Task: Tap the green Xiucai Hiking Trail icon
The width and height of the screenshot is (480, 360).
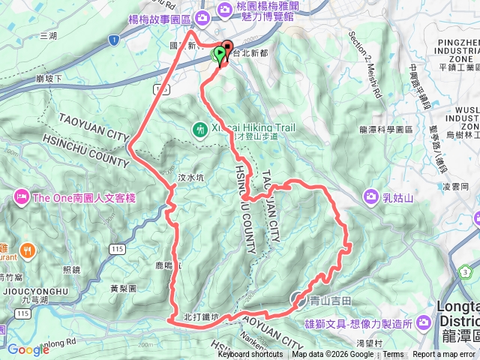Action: tap(199, 130)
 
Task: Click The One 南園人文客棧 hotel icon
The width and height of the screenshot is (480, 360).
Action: tap(20, 197)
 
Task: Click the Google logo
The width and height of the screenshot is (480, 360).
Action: tap(28, 349)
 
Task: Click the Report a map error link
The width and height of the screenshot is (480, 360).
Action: tap(444, 355)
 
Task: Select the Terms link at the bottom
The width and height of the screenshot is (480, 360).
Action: tap(392, 355)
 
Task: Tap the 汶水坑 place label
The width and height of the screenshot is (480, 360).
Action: tap(191, 178)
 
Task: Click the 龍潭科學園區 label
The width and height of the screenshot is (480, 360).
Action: tap(386, 129)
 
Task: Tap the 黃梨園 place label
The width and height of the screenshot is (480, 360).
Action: tap(122, 288)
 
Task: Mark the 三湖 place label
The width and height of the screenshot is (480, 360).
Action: tap(48, 35)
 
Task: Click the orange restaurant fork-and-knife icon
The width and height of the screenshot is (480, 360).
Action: tap(27, 249)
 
